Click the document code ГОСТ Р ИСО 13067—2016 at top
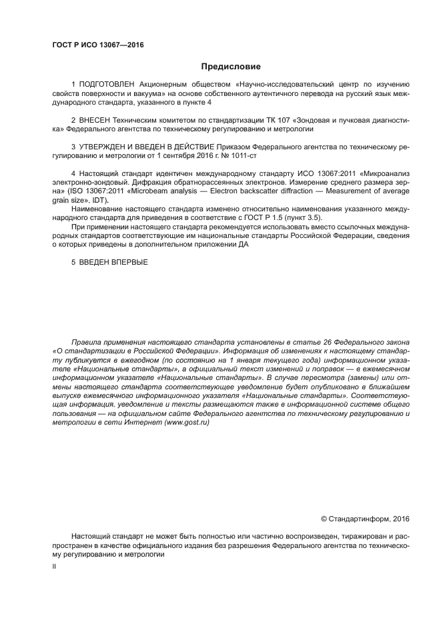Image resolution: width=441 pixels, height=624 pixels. coord(97,45)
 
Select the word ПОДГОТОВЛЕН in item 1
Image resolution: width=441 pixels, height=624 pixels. coord(108,85)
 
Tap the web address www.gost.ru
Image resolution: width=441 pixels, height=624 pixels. coord(191,423)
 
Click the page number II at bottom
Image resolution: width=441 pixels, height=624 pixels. coord(54,566)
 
